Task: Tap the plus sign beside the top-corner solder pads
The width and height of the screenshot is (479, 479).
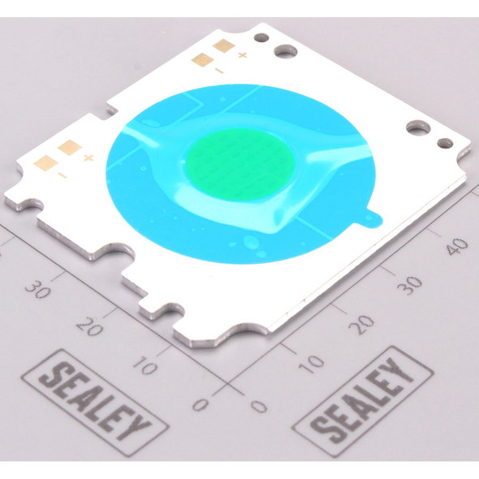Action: (x=242, y=55)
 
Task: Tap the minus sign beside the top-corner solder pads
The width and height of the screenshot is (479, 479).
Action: (x=218, y=71)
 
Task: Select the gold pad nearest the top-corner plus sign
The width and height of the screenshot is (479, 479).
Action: (x=224, y=45)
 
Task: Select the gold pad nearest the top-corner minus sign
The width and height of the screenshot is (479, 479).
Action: (x=202, y=59)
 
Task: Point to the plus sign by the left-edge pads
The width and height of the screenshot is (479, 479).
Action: (x=88, y=158)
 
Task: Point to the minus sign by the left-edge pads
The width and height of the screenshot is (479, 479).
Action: (x=63, y=175)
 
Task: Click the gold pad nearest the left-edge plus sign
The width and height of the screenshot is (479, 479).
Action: (x=70, y=147)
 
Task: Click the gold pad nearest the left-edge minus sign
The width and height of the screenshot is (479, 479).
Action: (x=46, y=162)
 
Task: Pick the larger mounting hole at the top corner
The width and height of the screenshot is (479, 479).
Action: (x=285, y=51)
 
